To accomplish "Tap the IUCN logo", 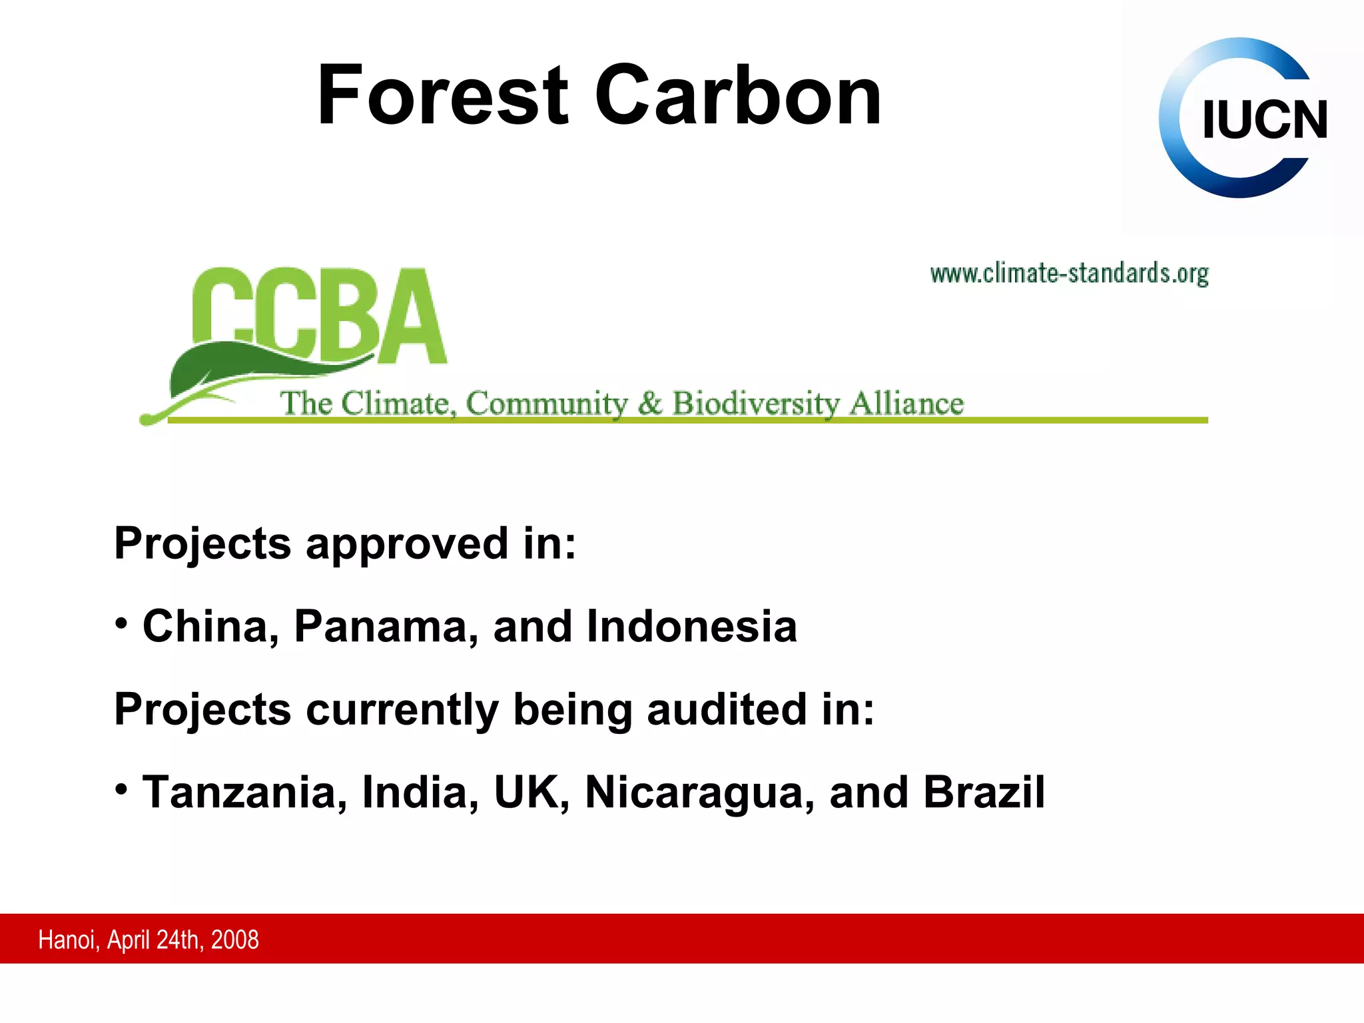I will click(x=1243, y=118).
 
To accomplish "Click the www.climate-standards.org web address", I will click(x=1069, y=274).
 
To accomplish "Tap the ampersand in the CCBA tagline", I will click(x=649, y=404).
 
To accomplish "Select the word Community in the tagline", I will click(x=546, y=404).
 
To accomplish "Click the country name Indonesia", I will click(x=691, y=627).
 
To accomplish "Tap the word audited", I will click(x=726, y=709).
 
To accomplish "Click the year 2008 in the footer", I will click(x=235, y=940).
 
